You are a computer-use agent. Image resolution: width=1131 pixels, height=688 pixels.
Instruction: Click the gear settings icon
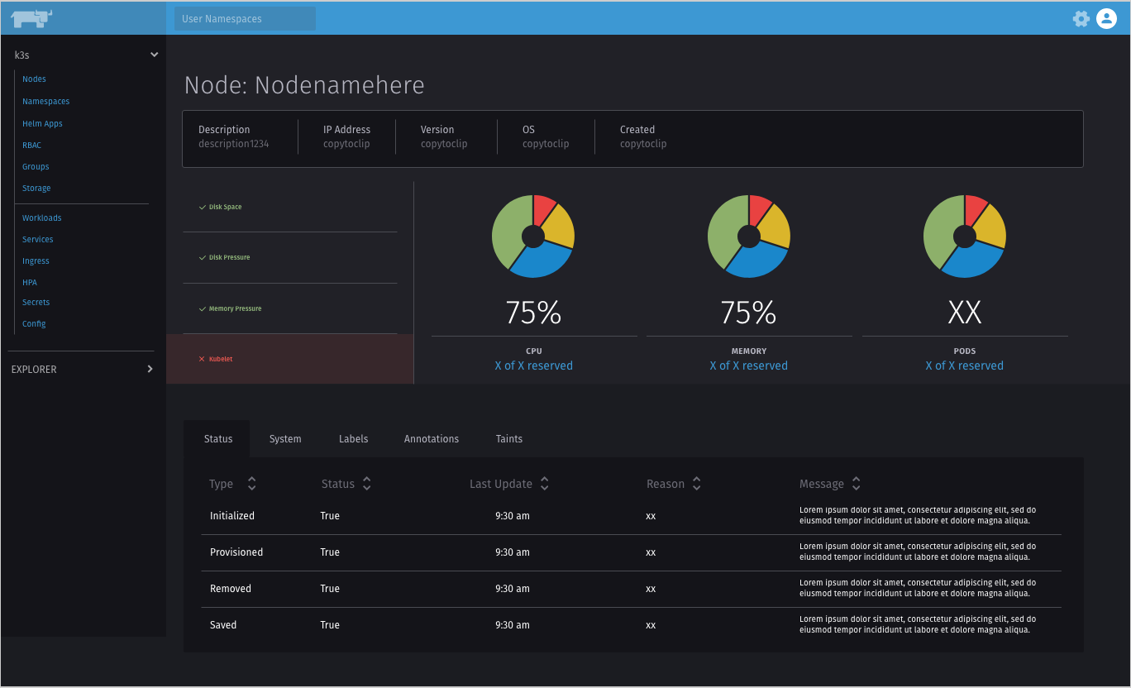[1081, 18]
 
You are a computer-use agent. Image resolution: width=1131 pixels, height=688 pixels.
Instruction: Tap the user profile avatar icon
[1106, 18]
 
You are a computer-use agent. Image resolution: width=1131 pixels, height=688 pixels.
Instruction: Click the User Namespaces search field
[245, 18]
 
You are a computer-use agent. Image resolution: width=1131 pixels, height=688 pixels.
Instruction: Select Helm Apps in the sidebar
[42, 123]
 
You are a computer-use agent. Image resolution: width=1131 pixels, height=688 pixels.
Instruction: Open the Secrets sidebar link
[36, 303]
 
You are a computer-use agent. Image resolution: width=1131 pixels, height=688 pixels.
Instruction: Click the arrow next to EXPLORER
[150, 369]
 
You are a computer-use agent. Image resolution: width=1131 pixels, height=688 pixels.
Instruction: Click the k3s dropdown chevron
[154, 55]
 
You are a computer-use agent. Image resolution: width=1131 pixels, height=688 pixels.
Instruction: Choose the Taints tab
[508, 439]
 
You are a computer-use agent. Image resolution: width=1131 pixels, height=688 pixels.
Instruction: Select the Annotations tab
[431, 439]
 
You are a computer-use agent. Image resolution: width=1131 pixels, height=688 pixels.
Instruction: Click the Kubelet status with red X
[220, 359]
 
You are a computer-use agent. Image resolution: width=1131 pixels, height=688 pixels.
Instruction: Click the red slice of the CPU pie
[543, 210]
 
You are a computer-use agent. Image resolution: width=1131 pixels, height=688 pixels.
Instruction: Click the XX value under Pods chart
[964, 313]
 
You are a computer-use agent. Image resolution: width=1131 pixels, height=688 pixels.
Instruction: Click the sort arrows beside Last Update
[544, 484]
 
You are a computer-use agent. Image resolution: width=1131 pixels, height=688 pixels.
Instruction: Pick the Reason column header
[666, 484]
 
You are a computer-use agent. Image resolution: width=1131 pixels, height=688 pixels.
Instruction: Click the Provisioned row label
[236, 552]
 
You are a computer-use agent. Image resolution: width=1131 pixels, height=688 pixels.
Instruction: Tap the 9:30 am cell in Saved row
[512, 625]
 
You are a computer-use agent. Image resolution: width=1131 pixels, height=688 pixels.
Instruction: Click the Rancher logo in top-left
[31, 18]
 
